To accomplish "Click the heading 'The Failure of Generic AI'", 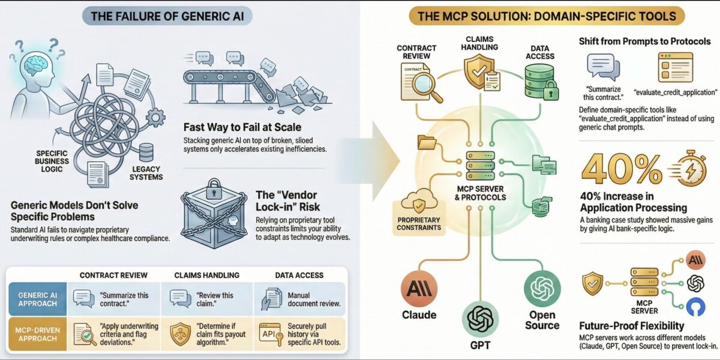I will (167, 16).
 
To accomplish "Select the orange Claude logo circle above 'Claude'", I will (419, 287).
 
